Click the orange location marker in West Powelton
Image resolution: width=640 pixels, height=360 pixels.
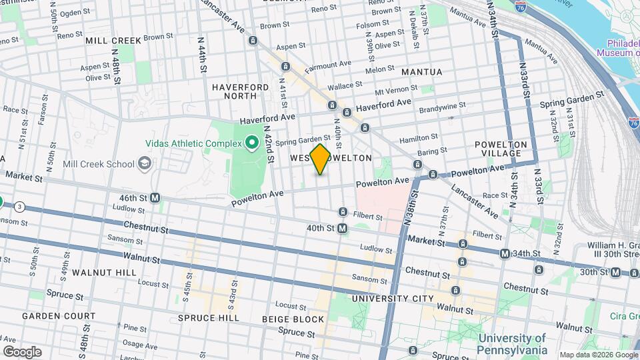320,159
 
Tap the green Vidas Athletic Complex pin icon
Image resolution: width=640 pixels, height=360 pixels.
252,142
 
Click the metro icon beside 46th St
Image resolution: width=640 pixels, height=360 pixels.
155,197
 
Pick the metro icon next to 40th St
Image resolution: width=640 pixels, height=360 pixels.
342,228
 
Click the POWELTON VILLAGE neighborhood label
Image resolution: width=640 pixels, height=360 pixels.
501,149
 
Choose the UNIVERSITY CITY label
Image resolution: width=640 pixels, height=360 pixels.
393,298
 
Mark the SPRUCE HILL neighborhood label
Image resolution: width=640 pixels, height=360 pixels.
208,318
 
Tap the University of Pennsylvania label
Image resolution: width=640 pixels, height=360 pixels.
512,343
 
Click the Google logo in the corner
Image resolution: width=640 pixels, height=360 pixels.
22,351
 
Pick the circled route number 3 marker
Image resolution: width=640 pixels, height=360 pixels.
21,206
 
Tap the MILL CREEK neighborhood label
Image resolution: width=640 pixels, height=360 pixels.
113,41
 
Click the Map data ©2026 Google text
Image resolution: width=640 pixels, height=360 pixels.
598,355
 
